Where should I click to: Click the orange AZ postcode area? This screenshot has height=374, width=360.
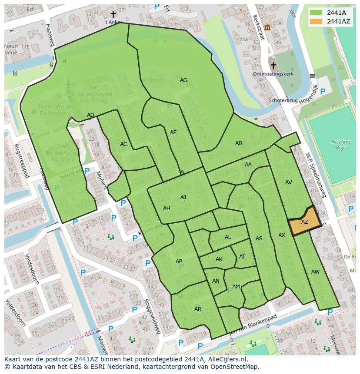[x=304, y=222]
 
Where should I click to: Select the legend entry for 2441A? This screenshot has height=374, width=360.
[x=330, y=13]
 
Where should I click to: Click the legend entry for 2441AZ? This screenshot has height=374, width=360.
[x=330, y=21]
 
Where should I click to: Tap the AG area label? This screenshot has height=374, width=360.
[x=183, y=80]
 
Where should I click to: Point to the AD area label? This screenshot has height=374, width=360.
[x=90, y=115]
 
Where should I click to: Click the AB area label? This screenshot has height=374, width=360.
[x=239, y=143]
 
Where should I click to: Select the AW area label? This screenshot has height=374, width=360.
[x=315, y=272]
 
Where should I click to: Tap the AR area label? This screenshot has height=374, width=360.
[x=198, y=309]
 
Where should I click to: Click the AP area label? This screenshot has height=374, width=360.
[x=179, y=261]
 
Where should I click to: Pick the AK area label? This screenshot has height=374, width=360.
[x=219, y=259]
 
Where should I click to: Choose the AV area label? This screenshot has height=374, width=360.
[x=288, y=182]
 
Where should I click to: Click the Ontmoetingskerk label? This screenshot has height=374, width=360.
[x=273, y=74]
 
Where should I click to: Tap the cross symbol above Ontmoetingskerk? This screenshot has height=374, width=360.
[x=273, y=66]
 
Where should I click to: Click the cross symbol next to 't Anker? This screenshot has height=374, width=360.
[x=113, y=14]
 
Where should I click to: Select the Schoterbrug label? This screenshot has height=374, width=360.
[x=283, y=100]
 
